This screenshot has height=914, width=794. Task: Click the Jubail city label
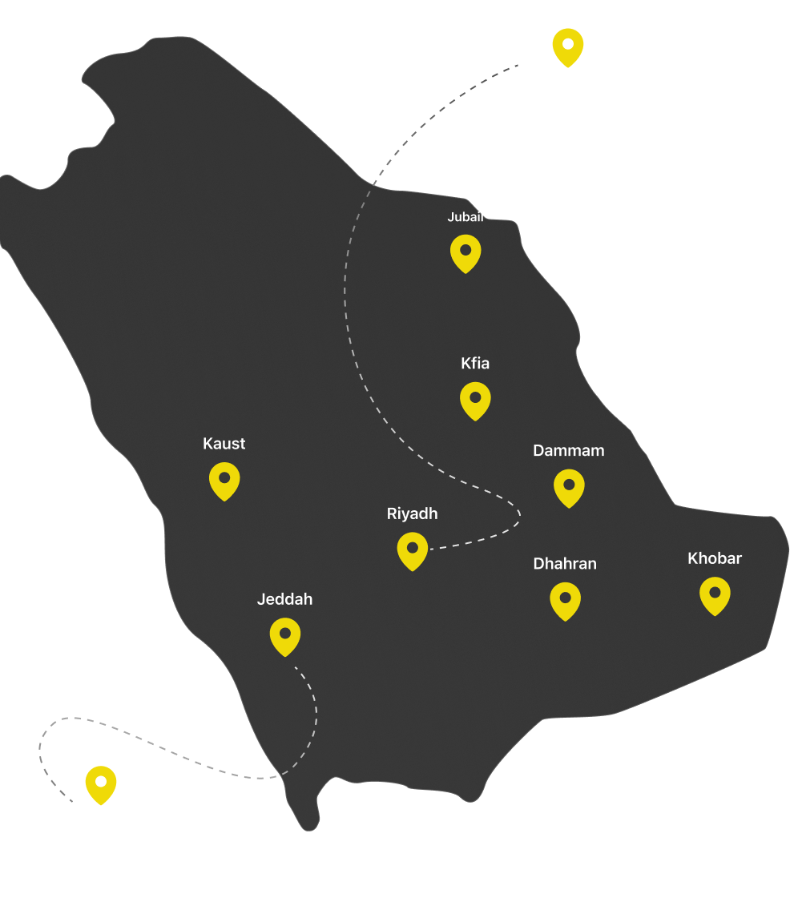point(466,217)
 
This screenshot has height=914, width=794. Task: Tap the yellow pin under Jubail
point(466,252)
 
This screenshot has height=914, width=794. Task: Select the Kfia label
point(475,364)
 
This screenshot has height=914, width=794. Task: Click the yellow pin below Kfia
point(475,400)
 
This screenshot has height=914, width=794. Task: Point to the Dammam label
point(569,451)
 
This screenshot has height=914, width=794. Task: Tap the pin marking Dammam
point(569,487)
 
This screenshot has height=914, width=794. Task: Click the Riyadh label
point(413,514)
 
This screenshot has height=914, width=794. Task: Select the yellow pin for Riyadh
point(413,550)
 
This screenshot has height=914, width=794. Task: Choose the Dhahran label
point(565,564)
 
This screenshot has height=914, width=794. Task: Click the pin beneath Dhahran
point(565,600)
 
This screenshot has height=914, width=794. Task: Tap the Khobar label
point(715,558)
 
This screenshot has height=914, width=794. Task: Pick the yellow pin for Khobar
point(715,595)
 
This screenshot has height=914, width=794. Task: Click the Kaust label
point(224,444)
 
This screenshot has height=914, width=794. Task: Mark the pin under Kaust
point(224,480)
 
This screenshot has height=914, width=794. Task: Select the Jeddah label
point(285,599)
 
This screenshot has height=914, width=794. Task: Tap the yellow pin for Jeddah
point(285,635)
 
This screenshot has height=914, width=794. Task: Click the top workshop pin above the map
point(568,46)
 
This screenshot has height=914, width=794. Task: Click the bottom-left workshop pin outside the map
point(101,783)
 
